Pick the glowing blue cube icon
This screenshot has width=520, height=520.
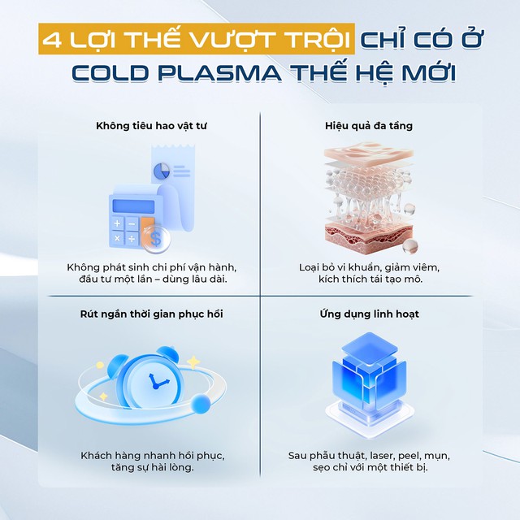tap(364, 378)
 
